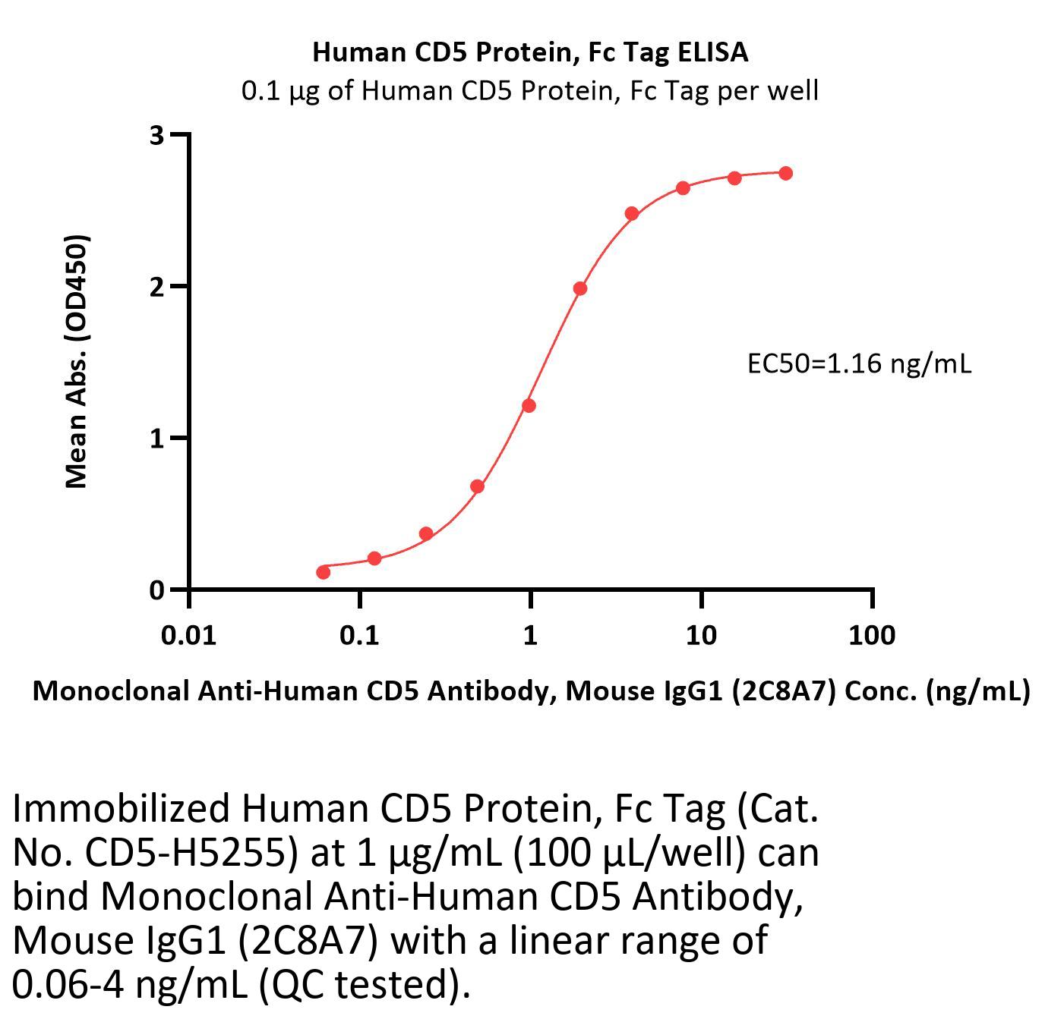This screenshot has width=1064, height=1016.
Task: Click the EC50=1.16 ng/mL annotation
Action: (x=859, y=364)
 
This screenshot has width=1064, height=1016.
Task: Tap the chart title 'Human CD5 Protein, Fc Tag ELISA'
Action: (x=530, y=52)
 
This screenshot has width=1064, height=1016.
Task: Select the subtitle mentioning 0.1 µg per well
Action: (x=530, y=91)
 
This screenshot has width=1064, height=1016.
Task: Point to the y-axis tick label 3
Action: (x=157, y=135)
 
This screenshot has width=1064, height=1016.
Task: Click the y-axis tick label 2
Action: (x=157, y=287)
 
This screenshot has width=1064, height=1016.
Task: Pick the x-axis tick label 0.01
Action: (x=188, y=634)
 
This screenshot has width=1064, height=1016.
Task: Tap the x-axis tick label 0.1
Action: (x=359, y=634)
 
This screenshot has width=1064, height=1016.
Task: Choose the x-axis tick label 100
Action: (x=872, y=634)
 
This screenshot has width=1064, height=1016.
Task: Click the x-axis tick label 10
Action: (x=701, y=634)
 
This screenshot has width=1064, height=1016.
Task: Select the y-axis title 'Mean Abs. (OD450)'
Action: (x=77, y=361)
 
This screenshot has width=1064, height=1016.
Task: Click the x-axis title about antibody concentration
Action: (x=531, y=690)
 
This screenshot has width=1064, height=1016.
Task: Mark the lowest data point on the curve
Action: (x=323, y=571)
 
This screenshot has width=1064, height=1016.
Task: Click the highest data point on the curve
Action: (x=785, y=174)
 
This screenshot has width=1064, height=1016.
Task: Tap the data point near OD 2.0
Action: (x=580, y=288)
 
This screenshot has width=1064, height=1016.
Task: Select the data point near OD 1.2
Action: (x=529, y=406)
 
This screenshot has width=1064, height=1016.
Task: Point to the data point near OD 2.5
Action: (x=632, y=213)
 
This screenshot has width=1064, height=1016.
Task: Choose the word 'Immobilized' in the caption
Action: (x=121, y=809)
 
